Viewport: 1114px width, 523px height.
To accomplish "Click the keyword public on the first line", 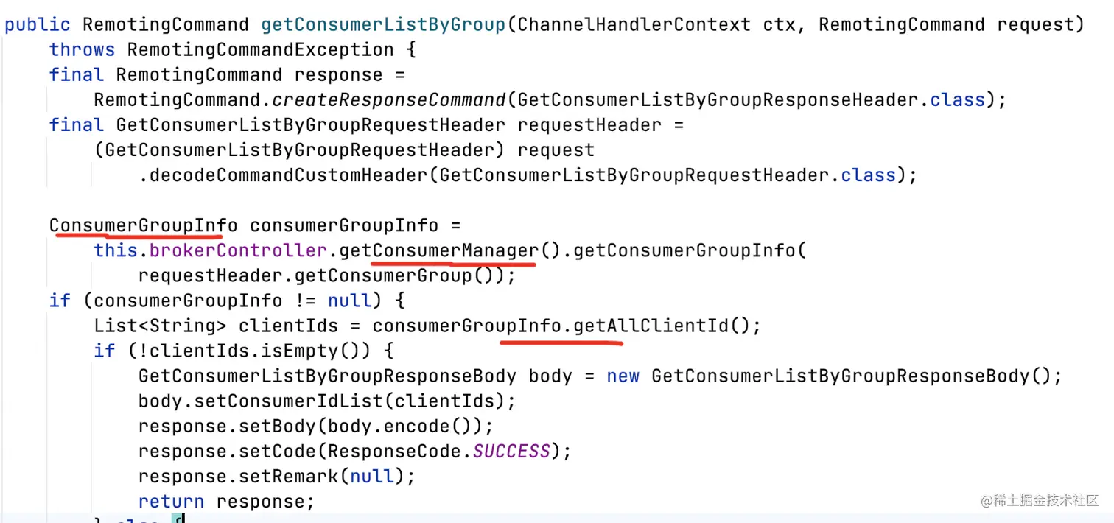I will pyautogui.click(x=37, y=24).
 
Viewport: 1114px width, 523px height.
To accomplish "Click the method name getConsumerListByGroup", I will pyautogui.click(x=383, y=24).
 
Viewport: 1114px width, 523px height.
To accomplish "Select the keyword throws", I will pyautogui.click(x=82, y=50).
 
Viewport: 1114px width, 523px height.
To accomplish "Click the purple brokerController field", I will pyautogui.click(x=238, y=251).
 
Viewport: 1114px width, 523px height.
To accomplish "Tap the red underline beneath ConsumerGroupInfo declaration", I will pyautogui.click(x=136, y=236).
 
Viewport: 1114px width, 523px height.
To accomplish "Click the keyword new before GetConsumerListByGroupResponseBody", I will pyautogui.click(x=623, y=376).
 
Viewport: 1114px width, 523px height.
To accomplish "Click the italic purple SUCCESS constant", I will pyautogui.click(x=511, y=452).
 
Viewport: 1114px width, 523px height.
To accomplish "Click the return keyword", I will pyautogui.click(x=171, y=502).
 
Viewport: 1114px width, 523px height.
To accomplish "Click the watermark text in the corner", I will pyautogui.click(x=1039, y=501).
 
